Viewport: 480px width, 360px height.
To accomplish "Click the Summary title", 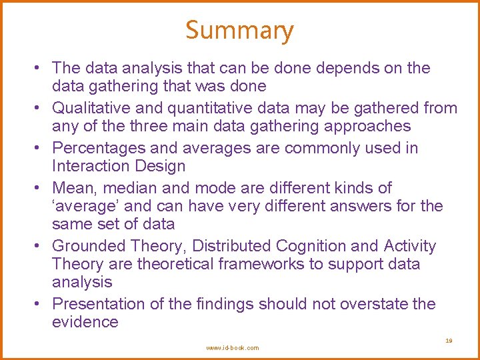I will (x=239, y=31).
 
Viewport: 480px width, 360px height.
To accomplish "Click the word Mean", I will (x=72, y=188).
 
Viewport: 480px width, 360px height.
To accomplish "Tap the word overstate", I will (x=374, y=304).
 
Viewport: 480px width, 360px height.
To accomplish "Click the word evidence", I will (x=85, y=322).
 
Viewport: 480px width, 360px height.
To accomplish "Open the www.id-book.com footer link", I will (x=233, y=348).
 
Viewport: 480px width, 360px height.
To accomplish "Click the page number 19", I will (x=449, y=341).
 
